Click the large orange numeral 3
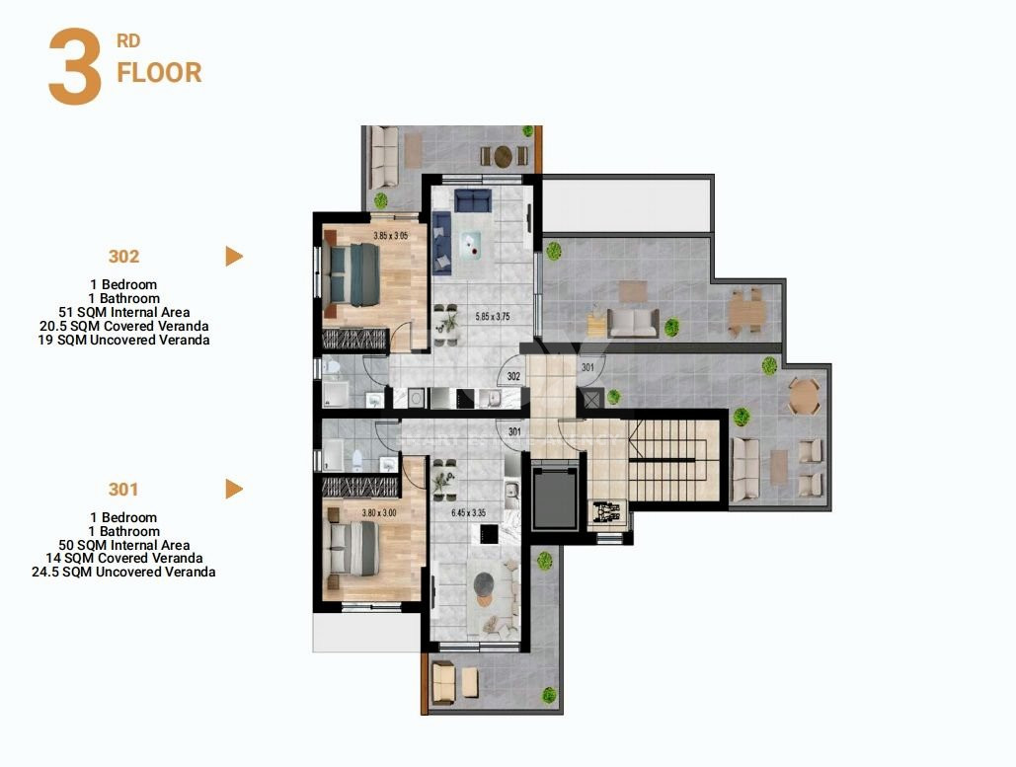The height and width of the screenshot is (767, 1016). [75, 68]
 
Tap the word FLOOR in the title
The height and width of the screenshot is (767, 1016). [159, 73]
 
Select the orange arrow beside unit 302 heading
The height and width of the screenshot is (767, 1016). [234, 257]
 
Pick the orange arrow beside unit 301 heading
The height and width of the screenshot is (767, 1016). [234, 489]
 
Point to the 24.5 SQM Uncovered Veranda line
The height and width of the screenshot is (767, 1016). [123, 572]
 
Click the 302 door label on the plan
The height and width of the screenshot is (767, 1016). [513, 376]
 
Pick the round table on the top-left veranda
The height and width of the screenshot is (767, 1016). [504, 155]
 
